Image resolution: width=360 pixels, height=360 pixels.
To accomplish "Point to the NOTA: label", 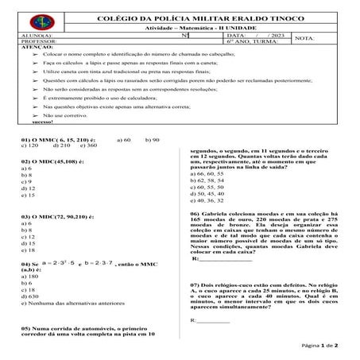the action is point(304,38).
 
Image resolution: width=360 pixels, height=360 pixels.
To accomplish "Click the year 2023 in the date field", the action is point(276,36).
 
